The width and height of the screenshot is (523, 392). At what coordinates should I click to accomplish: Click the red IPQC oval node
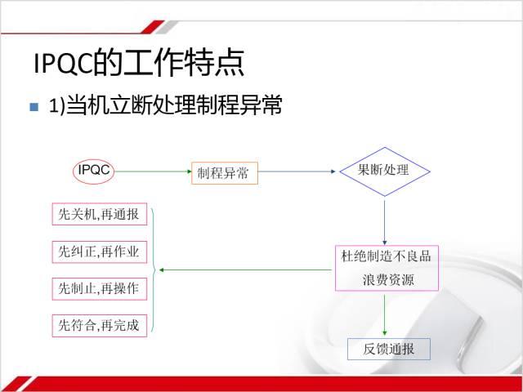(94, 171)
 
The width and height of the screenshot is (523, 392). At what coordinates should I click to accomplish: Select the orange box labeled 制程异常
(225, 173)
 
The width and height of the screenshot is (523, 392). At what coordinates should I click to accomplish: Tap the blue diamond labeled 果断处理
(385, 171)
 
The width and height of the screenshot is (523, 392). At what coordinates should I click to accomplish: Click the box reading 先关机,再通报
(100, 214)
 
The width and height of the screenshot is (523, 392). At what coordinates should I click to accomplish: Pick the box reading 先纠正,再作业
(100, 252)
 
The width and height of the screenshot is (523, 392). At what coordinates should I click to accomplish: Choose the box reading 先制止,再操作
(100, 288)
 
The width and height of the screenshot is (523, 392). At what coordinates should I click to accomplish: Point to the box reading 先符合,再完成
(100, 326)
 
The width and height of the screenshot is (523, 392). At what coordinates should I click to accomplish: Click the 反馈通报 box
(389, 349)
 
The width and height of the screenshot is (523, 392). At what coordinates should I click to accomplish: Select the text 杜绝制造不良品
(386, 256)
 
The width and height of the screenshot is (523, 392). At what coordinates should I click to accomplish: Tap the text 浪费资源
(388, 280)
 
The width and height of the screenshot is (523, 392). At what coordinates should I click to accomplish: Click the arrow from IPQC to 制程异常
(153, 171)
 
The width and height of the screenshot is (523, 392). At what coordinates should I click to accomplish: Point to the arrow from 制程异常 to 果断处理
(297, 171)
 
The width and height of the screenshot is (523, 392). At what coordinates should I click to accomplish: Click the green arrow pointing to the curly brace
(245, 269)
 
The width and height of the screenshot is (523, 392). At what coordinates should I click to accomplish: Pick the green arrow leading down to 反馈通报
(385, 315)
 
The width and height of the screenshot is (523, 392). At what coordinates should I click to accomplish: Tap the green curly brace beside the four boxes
(153, 270)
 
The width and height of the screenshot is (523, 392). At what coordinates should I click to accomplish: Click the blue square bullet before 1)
(34, 107)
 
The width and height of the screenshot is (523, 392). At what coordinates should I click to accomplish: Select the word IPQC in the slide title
(63, 64)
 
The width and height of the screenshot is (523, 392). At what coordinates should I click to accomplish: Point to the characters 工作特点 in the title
(183, 62)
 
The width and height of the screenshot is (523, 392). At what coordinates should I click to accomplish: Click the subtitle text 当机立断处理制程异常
(174, 105)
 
